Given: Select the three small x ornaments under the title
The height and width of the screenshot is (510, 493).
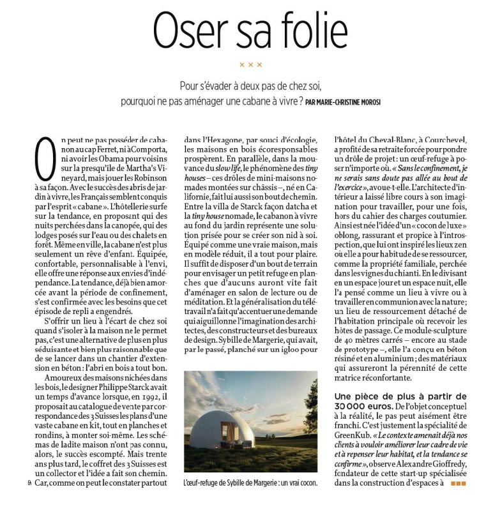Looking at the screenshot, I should [250, 64].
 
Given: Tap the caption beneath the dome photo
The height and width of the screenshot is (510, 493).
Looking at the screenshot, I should [250, 483].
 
